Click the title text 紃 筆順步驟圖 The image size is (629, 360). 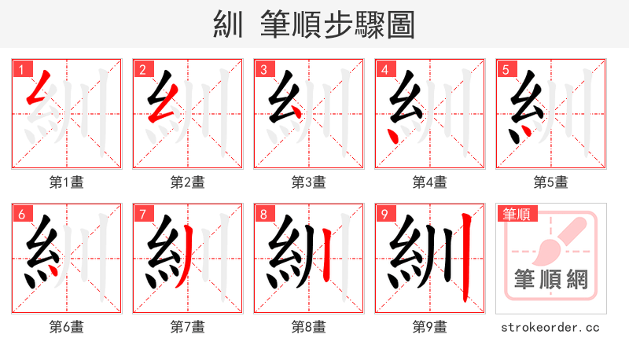pyautogui.click(x=314, y=24)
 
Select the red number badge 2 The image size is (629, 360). pyautogui.click(x=142, y=69)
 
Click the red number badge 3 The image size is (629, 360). pyautogui.click(x=263, y=69)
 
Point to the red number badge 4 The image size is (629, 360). pyautogui.click(x=384, y=69)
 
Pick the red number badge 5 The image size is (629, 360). pyautogui.click(x=506, y=69)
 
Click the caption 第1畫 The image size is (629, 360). pyautogui.click(x=66, y=182)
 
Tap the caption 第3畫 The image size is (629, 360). pyautogui.click(x=308, y=182)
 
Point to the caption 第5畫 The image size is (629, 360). pyautogui.click(x=550, y=182)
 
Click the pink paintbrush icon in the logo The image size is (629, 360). pyautogui.click(x=558, y=240)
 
